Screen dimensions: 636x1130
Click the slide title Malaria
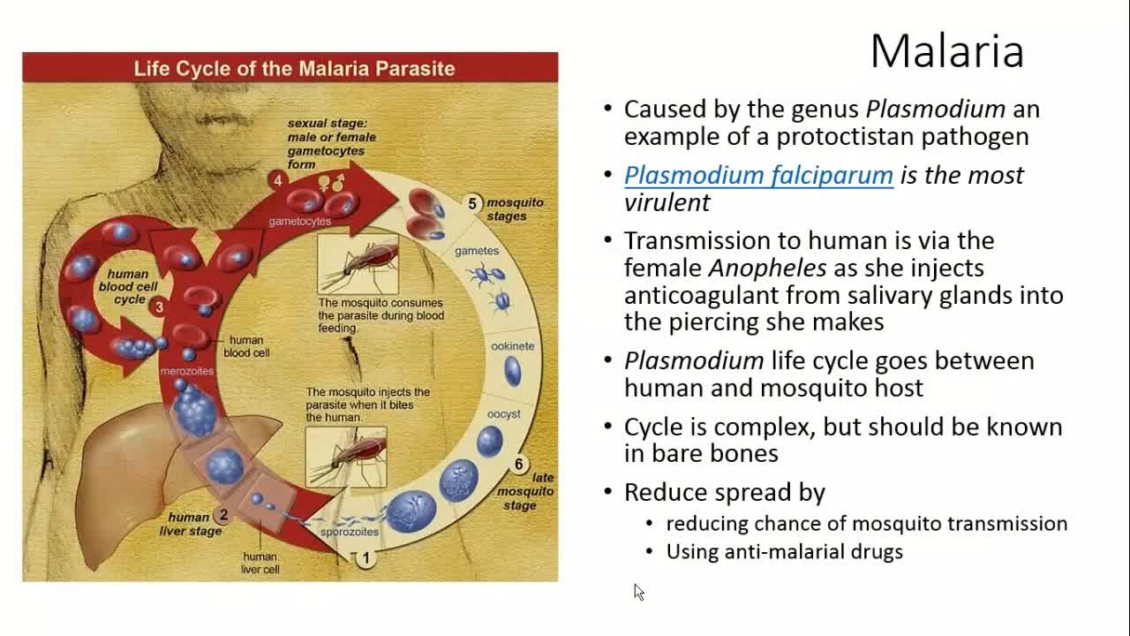[946, 51]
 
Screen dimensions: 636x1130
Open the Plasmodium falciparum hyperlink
[758, 175]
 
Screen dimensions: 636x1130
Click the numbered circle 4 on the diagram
[277, 181]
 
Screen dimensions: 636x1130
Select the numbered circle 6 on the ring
[519, 465]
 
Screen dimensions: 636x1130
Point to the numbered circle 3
[159, 307]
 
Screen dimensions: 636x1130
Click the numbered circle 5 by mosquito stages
[472, 204]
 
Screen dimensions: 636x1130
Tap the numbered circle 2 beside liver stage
[223, 515]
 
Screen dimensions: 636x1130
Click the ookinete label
[512, 346]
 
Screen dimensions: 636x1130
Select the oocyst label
[503, 413]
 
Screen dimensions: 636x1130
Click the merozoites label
[186, 371]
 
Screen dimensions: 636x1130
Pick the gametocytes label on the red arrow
[300, 221]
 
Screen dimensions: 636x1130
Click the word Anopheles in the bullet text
[767, 268]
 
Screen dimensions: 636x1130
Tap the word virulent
[667, 202]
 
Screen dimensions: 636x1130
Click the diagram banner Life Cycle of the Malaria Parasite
[294, 68]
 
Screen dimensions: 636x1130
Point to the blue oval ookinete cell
[512, 372]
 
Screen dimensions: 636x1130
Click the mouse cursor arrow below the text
[638, 592]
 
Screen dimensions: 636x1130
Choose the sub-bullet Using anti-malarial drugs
[784, 551]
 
